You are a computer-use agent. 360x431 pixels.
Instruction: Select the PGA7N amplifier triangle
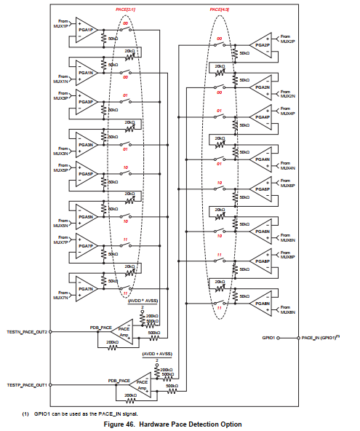tap(86, 288)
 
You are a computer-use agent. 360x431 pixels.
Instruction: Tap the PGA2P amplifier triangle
tap(263, 45)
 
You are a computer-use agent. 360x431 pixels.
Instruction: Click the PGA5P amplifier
tap(86, 175)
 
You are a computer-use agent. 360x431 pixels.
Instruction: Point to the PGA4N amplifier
tap(263, 159)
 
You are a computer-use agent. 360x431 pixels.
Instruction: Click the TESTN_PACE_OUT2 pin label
tap(27, 332)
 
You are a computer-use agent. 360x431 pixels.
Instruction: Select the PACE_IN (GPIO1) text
tap(320, 338)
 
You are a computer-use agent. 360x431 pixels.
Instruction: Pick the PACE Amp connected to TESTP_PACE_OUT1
tap(143, 384)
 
